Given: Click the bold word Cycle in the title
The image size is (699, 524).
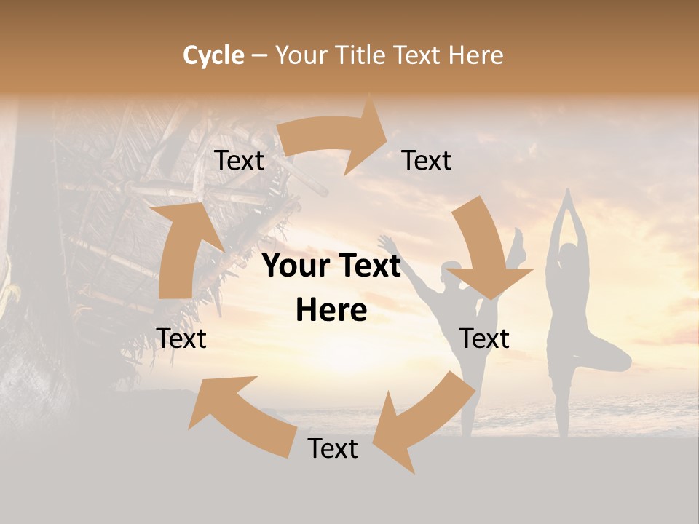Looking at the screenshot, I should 213,55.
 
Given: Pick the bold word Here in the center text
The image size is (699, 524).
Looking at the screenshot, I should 331,311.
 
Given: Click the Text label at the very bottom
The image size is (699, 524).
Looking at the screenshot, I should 333,449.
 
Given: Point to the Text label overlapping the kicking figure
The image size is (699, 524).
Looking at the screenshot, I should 484,338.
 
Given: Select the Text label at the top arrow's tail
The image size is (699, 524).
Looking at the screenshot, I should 239,161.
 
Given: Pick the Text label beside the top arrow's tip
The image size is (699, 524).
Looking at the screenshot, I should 427,161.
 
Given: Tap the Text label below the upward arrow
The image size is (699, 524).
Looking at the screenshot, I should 181,338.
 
